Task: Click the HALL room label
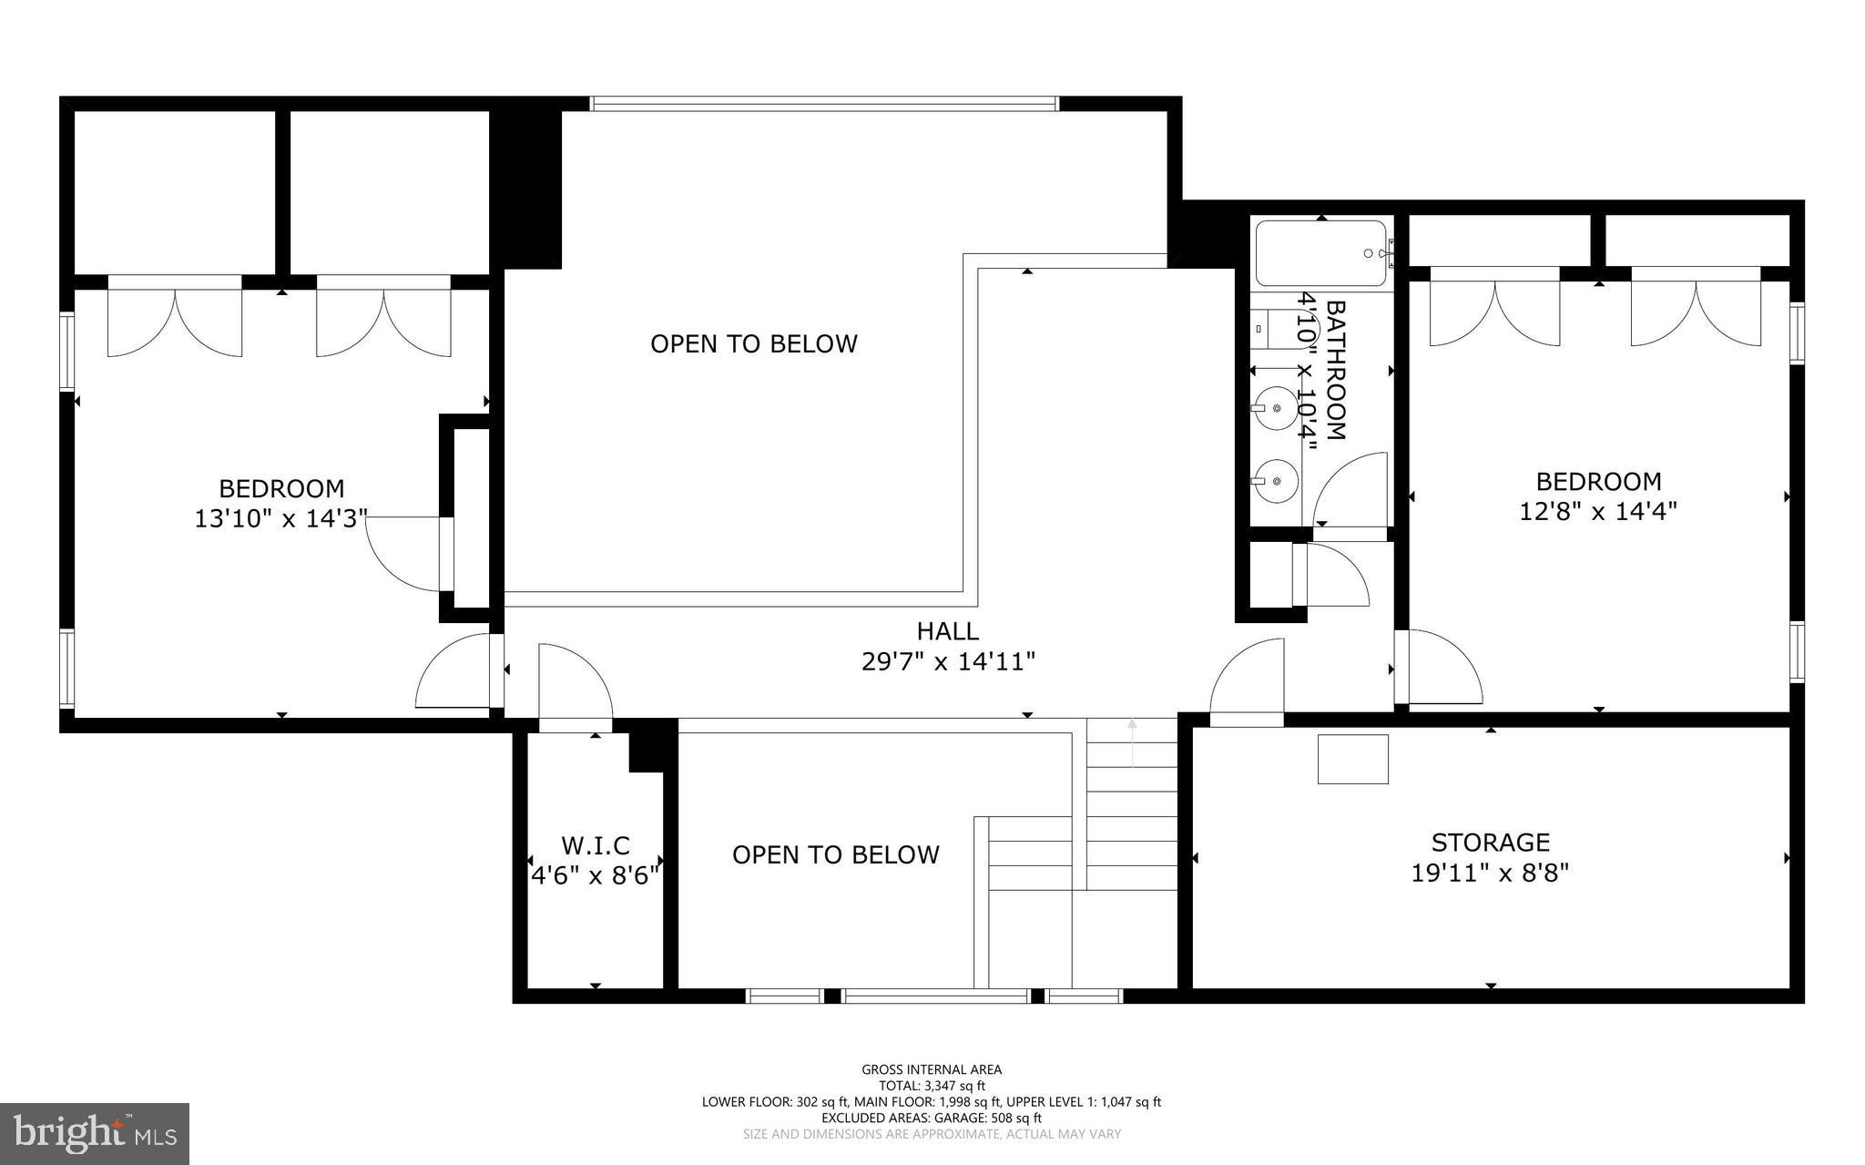(947, 630)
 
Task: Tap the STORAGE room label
(1490, 842)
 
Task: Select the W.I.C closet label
(595, 845)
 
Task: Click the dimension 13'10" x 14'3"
(280, 519)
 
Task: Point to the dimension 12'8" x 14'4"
(1598, 511)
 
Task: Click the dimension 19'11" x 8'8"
(1490, 874)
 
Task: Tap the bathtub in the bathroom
(1320, 253)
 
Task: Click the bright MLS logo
(95, 1133)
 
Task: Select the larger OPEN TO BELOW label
(753, 343)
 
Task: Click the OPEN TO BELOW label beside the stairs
(835, 854)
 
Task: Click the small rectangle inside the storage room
(1352, 759)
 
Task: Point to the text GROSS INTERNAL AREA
(932, 1069)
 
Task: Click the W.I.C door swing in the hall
(574, 683)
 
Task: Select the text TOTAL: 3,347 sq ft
(932, 1086)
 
